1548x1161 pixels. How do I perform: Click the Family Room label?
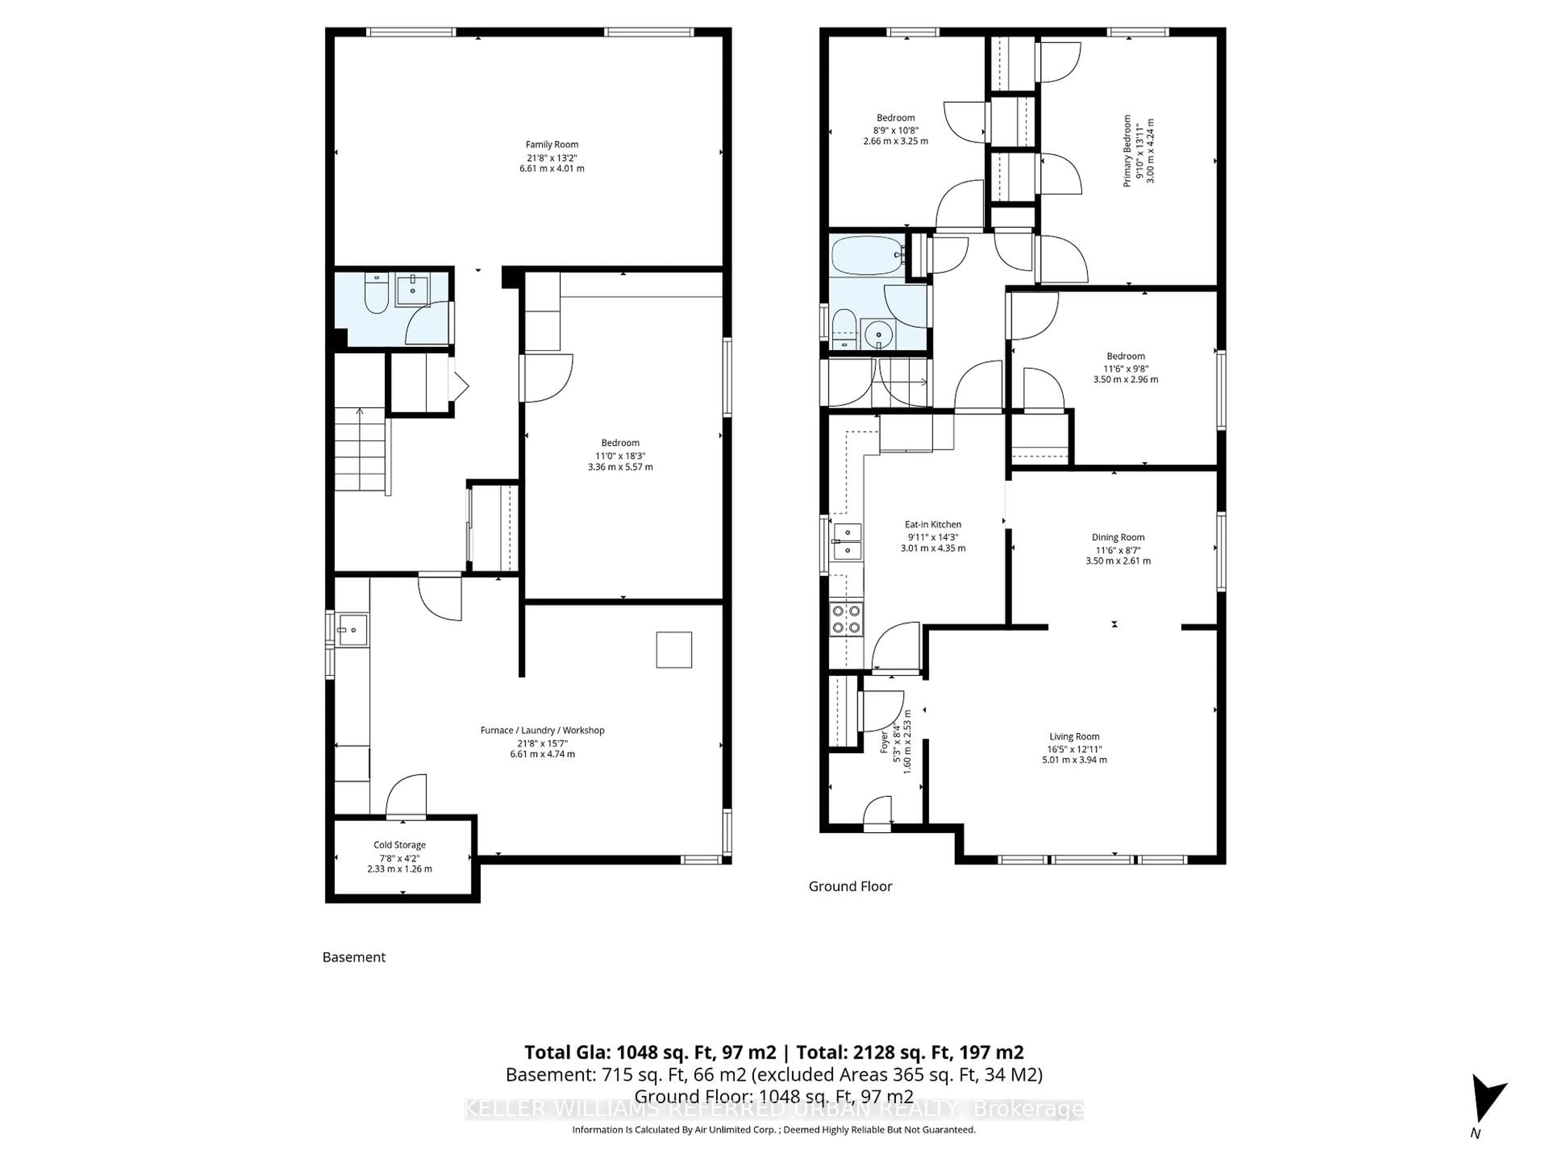point(551,145)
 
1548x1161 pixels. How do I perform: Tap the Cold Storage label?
point(399,845)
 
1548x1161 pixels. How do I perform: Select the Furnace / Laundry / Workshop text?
point(542,730)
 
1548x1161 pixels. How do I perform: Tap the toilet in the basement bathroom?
point(376,294)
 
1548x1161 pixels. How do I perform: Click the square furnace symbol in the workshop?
point(673,650)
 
